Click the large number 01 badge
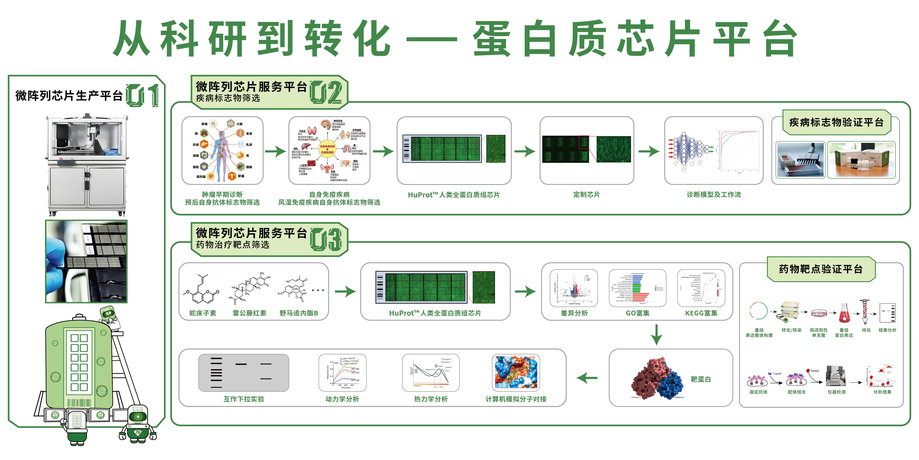142,95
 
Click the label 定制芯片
586,195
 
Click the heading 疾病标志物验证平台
836,122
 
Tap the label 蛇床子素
203,313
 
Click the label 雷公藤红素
249,313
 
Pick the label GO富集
637,313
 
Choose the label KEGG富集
701,313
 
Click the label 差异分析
574,313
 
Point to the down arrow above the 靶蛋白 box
656,335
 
